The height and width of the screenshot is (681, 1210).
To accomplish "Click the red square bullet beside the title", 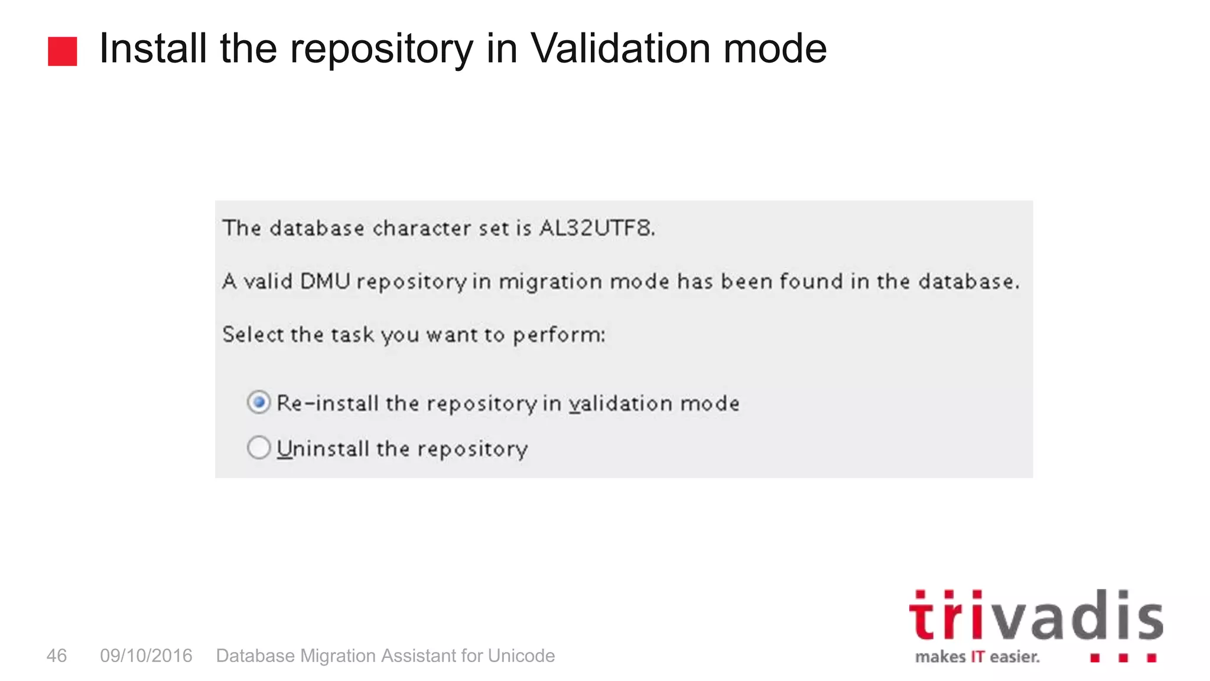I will click(x=62, y=51).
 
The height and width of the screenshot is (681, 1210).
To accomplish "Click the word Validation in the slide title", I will click(x=620, y=48).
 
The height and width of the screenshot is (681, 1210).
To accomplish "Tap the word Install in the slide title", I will click(x=153, y=48).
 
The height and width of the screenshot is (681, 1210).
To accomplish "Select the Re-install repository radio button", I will click(x=259, y=403).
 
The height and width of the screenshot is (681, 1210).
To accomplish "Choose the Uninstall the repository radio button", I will click(x=259, y=447).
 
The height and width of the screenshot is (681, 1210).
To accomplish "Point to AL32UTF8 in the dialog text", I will click(x=597, y=228).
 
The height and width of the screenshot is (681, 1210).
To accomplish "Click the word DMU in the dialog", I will click(x=325, y=281).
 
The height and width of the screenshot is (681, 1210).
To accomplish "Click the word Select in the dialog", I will click(x=252, y=335).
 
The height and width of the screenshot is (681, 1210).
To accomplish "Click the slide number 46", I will click(x=57, y=656).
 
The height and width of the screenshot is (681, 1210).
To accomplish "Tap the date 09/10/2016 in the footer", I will click(x=146, y=656).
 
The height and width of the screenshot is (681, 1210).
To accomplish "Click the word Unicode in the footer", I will click(x=521, y=656).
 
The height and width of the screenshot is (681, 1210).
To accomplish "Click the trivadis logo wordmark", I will click(x=1035, y=616).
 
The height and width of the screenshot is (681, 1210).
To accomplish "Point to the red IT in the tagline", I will click(x=977, y=657).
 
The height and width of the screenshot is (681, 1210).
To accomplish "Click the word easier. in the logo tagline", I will click(x=1014, y=657).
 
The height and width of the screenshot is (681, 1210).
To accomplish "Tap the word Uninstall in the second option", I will click(x=323, y=449).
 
